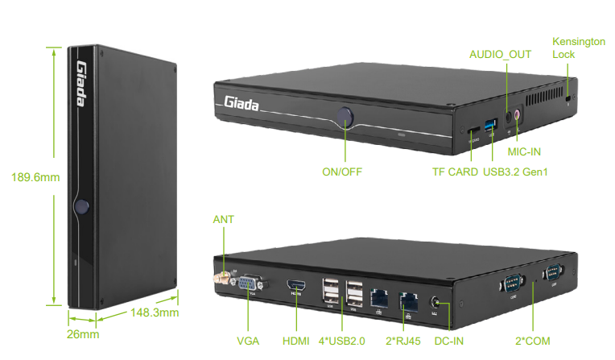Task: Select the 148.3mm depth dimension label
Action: (x=154, y=312)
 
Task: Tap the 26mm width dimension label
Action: (x=82, y=333)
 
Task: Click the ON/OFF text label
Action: (x=342, y=172)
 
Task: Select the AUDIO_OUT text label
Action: (x=500, y=54)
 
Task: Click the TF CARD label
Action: (x=455, y=172)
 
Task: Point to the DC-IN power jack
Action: (x=438, y=302)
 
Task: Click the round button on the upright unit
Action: (x=80, y=206)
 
